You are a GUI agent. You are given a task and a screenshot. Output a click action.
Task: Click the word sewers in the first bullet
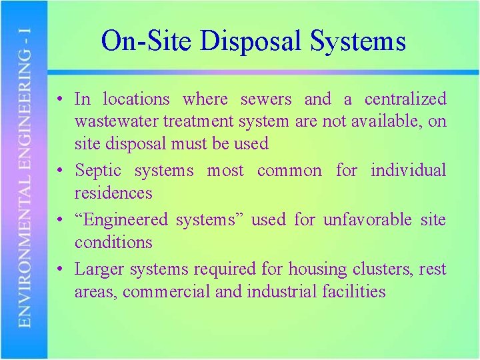(x=266, y=99)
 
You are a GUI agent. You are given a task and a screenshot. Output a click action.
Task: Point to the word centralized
(x=405, y=99)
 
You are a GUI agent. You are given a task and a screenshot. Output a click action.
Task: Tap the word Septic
(x=98, y=171)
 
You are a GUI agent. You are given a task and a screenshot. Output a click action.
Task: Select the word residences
(x=113, y=193)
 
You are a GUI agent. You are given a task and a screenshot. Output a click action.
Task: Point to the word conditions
(x=113, y=243)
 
